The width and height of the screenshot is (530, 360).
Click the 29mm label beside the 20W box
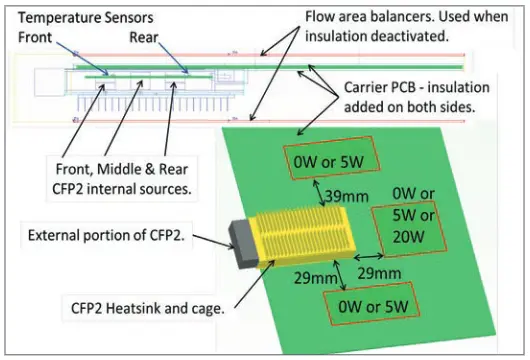(381, 272)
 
